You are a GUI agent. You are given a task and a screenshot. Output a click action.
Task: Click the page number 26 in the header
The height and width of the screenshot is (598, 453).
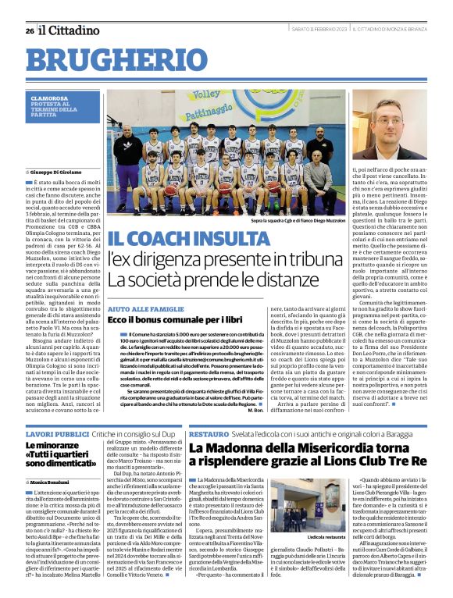pos(30,31)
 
